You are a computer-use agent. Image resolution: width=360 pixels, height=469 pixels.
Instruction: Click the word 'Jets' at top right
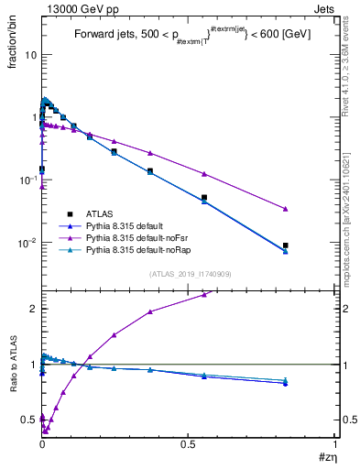[325, 8]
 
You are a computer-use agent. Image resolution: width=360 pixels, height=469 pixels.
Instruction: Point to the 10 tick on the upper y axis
[29, 55]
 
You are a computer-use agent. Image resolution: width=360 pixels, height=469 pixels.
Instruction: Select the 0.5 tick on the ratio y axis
[28, 420]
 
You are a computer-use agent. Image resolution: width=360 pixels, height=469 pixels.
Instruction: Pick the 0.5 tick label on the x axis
[189, 444]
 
